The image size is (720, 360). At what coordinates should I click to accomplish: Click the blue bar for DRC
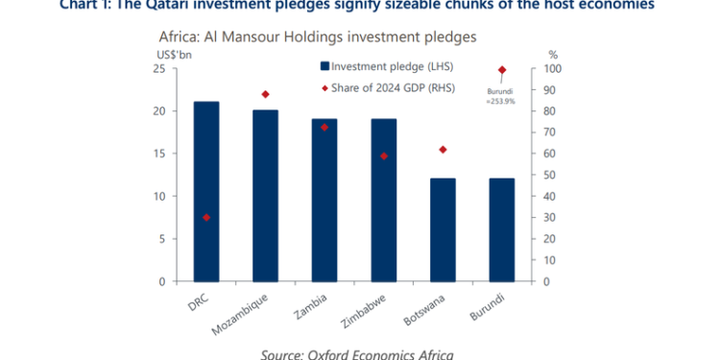click(x=206, y=192)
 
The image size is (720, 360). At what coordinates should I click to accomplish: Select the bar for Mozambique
click(x=265, y=196)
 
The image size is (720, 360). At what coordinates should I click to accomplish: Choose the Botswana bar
click(x=443, y=229)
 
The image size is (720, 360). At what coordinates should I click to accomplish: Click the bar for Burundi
click(x=501, y=229)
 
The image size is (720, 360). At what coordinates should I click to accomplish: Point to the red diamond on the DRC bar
click(x=206, y=218)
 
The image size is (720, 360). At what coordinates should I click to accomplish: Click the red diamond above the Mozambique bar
click(x=265, y=94)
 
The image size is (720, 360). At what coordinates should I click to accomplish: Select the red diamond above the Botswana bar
click(x=443, y=150)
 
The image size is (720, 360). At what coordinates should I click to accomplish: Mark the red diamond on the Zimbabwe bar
click(x=383, y=156)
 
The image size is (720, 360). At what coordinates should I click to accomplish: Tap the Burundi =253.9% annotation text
click(x=500, y=96)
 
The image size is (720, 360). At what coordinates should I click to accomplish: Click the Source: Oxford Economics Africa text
click(x=357, y=352)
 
